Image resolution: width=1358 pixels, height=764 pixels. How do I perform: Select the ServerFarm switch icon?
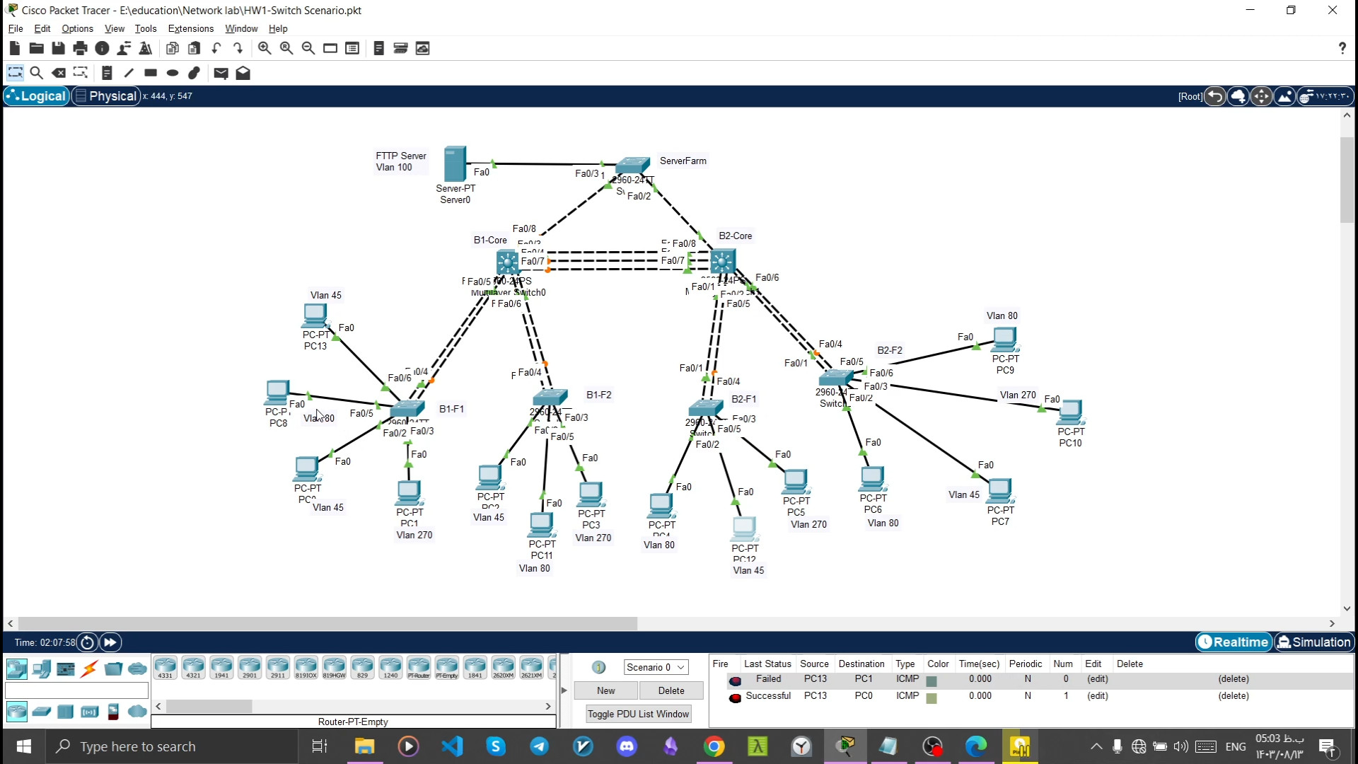pos(632,166)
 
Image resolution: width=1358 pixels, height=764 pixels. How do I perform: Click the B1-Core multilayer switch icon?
pos(507,262)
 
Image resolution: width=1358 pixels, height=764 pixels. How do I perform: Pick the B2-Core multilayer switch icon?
pos(722,262)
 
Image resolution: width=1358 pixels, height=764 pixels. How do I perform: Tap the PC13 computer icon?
pos(315,316)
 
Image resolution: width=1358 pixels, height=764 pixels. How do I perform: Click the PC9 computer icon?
pos(1004,340)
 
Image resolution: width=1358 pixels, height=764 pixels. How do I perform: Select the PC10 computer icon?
pos(1070,412)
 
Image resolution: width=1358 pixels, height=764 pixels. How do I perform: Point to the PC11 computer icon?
pos(541,526)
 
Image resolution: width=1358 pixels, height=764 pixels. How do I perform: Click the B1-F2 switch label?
pos(598,395)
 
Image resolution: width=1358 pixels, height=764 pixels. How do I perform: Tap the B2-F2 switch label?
pos(889,350)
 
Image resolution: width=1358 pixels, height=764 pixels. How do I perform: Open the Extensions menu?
pos(190,28)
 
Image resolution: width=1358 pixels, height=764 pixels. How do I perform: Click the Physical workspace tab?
pos(106,96)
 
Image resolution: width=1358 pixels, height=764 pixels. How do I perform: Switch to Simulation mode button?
pos(1313,642)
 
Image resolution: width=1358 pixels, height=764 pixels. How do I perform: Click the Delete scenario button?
pos(671,690)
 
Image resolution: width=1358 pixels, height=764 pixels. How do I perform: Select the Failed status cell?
pos(768,679)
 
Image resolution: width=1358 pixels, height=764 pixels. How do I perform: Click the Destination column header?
pos(861,664)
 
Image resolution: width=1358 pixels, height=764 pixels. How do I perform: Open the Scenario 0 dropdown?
pos(656,667)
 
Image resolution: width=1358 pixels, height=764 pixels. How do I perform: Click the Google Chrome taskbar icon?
pos(714,746)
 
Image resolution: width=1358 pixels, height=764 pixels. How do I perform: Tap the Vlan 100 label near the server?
pos(394,168)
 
